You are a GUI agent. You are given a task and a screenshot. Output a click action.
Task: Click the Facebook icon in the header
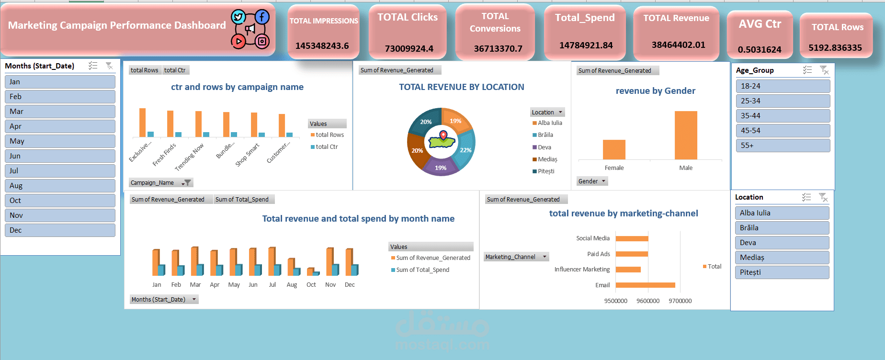262,17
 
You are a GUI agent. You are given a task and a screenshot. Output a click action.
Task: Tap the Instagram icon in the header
262,41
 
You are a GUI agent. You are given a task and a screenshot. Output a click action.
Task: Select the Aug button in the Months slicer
60,186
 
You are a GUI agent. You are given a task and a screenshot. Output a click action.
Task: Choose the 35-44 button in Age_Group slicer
783,116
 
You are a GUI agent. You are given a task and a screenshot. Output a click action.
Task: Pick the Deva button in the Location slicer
782,243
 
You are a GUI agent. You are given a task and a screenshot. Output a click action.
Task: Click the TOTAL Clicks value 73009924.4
409,48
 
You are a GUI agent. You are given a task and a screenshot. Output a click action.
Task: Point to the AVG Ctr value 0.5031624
760,49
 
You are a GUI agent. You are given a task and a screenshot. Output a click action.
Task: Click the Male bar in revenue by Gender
686,135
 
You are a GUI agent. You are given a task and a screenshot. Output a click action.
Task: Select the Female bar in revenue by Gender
614,149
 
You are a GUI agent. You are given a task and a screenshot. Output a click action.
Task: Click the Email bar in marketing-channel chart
645,285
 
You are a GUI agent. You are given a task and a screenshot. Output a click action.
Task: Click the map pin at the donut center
443,135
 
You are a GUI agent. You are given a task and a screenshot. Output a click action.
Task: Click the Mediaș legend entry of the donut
547,159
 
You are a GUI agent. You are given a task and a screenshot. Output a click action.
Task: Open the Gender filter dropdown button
603,181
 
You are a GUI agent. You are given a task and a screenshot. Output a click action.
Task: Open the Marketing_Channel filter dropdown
545,257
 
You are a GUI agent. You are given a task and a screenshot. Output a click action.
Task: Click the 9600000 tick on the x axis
647,301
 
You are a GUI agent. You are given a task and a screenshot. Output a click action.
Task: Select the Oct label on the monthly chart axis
311,285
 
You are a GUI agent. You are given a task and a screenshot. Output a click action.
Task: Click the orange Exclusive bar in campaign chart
142,123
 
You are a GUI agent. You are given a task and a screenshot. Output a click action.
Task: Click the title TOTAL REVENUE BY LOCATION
461,87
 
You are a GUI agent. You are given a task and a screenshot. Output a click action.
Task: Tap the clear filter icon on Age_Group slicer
824,70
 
